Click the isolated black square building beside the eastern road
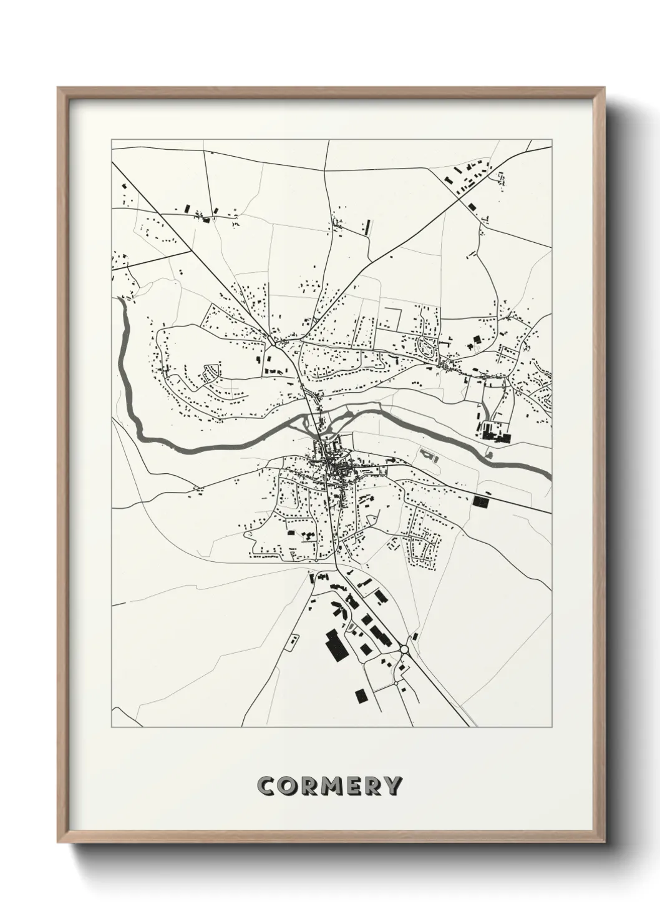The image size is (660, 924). coord(481,500)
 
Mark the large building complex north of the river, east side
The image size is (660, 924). coord(497,432)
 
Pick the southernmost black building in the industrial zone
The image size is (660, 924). coord(361,695)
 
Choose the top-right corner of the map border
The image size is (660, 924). coord(551,140)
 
